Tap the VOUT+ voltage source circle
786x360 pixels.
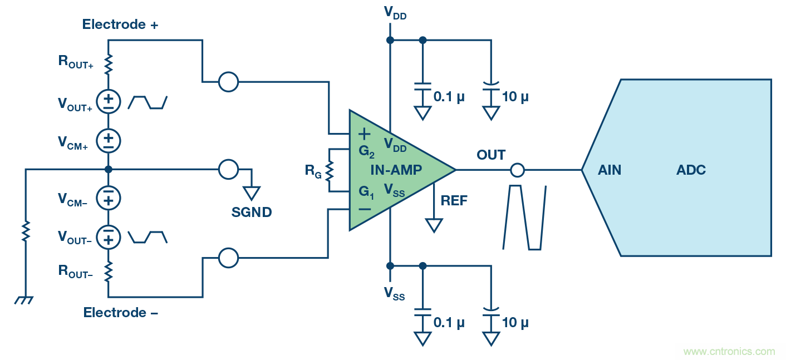click(x=109, y=101)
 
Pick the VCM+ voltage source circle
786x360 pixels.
click(x=109, y=141)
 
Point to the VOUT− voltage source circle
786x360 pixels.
click(x=109, y=237)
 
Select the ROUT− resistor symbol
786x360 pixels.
click(x=109, y=272)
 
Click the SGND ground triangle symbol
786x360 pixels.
click(x=252, y=193)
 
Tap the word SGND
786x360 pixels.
click(x=252, y=212)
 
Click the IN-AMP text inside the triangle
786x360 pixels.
click(x=396, y=170)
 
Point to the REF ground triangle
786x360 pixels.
click(x=434, y=225)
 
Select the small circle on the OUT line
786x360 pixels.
click(x=518, y=170)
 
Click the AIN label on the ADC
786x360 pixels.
click(x=610, y=170)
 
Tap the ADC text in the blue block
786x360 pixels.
click(x=691, y=170)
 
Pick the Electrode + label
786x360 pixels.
click(x=121, y=24)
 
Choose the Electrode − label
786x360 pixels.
click(x=121, y=313)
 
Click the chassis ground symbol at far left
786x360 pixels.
click(x=24, y=300)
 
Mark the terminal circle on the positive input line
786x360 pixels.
click(x=228, y=82)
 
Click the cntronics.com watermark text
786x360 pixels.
click(x=729, y=352)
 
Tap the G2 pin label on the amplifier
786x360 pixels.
click(x=367, y=151)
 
